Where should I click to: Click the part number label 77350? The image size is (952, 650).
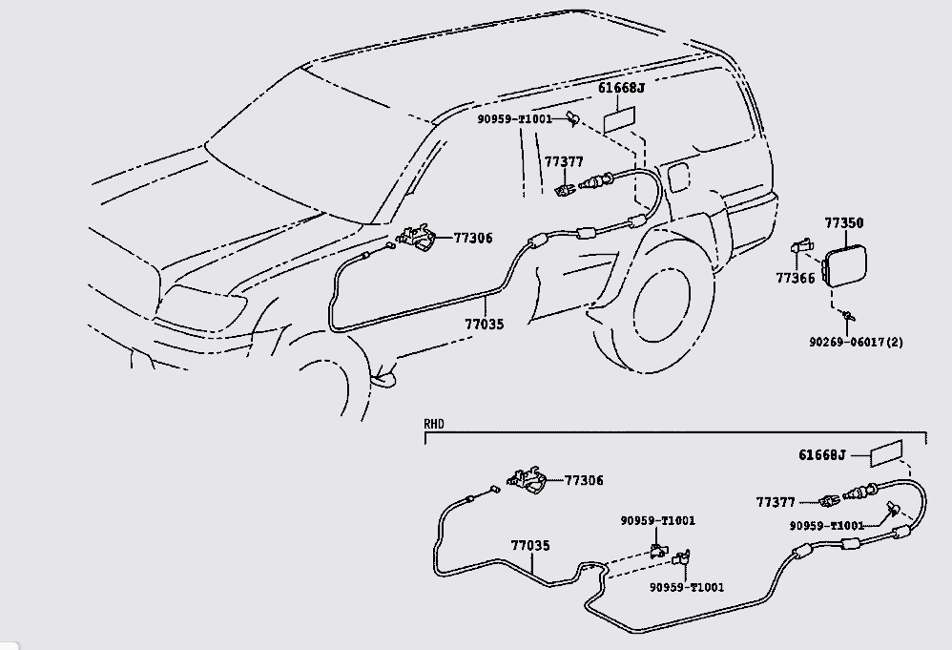(x=843, y=223)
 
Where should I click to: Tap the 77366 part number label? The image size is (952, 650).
(x=795, y=279)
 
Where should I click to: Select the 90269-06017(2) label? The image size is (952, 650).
(x=851, y=342)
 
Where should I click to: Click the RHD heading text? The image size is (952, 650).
(x=435, y=423)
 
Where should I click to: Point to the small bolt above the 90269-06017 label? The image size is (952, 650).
(x=846, y=316)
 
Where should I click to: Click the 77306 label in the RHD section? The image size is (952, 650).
(x=584, y=481)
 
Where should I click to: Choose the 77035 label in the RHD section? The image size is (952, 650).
(x=529, y=546)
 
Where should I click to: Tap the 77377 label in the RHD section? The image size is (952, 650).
(x=776, y=502)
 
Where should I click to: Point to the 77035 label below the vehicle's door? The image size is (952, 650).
(x=484, y=325)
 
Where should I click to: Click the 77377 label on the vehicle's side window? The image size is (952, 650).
(x=564, y=161)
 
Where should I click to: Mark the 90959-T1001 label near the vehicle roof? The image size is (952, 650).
(x=515, y=119)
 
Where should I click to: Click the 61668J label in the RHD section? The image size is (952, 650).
(x=821, y=455)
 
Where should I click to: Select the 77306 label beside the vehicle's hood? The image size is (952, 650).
(x=473, y=238)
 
